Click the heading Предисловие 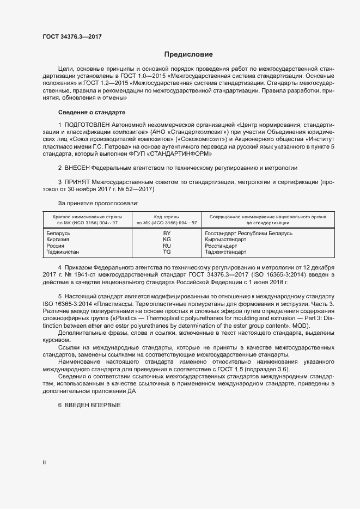(188, 54)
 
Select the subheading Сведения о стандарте (91, 113)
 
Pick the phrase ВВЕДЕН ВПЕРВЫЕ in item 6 (94, 407)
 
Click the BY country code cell (167, 233)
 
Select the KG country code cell (167, 240)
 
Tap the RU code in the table (167, 246)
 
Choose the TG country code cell (167, 252)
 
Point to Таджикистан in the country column (63, 252)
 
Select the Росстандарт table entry (221, 246)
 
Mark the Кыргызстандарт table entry (226, 240)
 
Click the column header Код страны (167, 217)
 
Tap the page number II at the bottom (44, 462)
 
